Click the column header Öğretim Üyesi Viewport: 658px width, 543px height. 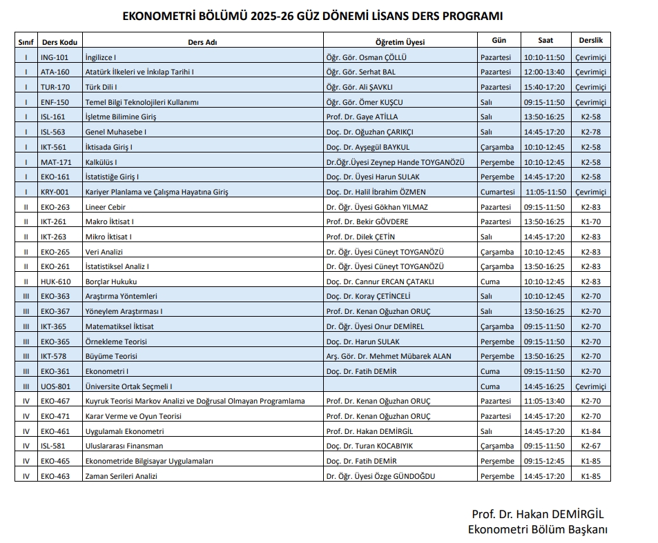[x=400, y=41]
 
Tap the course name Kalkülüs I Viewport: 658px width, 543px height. [x=101, y=162]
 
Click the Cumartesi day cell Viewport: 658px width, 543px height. [x=496, y=192]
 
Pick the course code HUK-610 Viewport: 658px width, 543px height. [x=55, y=282]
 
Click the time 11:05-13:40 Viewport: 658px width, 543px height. [x=544, y=401]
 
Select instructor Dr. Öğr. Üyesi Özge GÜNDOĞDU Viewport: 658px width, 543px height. [x=380, y=476]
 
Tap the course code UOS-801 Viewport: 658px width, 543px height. [x=55, y=386]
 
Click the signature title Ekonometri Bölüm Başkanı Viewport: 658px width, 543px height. [x=537, y=529]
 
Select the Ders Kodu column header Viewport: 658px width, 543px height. [x=59, y=41]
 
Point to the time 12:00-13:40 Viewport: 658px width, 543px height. [x=544, y=72]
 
